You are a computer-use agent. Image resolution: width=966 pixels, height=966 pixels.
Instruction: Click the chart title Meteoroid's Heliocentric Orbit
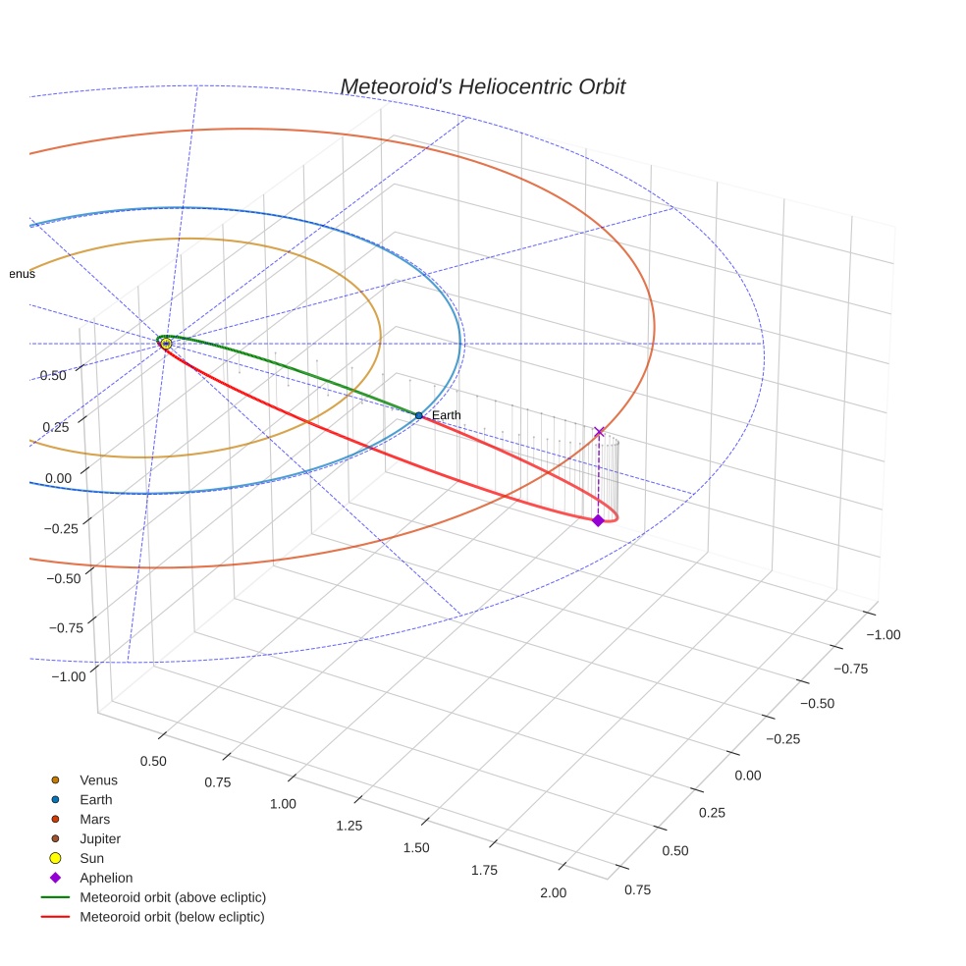482,87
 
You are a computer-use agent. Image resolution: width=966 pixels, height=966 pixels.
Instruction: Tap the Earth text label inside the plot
446,415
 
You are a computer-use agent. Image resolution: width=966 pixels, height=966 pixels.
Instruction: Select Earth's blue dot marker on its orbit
418,415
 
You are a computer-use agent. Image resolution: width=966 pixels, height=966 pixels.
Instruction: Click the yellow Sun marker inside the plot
166,344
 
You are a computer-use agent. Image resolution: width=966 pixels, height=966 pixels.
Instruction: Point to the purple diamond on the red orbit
598,520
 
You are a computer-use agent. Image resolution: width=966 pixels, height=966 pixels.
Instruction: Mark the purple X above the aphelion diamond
599,432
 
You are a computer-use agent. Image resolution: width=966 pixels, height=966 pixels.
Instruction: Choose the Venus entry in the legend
98,780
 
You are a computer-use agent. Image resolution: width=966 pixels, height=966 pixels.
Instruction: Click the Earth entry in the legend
95,800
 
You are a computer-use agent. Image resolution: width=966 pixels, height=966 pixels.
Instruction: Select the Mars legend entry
94,820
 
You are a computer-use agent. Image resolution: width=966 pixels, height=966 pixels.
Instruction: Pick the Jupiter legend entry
100,839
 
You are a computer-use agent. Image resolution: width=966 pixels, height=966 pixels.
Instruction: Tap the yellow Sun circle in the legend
56,858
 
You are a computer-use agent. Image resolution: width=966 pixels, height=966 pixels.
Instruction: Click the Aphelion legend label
106,879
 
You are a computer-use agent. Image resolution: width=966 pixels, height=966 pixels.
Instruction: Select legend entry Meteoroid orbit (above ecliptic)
173,897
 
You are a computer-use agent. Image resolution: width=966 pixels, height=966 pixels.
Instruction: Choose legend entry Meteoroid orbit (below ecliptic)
173,917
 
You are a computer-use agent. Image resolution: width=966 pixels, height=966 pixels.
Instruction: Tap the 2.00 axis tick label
553,892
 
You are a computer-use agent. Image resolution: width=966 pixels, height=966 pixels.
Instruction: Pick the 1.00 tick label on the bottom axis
283,804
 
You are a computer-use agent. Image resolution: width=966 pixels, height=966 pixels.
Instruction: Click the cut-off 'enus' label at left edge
22,274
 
